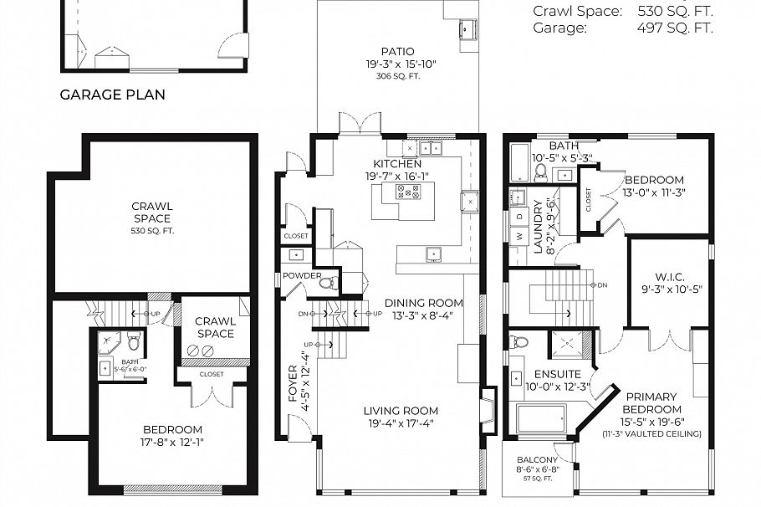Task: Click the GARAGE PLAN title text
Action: click(x=112, y=95)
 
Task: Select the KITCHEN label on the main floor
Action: click(x=397, y=164)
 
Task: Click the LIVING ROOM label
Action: click(x=401, y=411)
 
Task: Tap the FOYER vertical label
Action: click(x=293, y=384)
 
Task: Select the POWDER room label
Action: click(x=302, y=275)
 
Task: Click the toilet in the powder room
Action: click(x=328, y=283)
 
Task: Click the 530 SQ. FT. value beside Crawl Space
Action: click(x=674, y=11)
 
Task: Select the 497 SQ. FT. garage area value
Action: click(x=674, y=28)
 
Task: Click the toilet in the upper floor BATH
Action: click(x=540, y=173)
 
